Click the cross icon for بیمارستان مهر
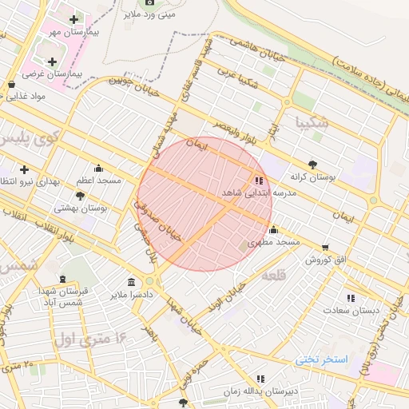click(74, 19)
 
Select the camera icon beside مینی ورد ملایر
click(150, 2)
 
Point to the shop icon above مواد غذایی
click(11, 84)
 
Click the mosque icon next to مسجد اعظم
click(98, 168)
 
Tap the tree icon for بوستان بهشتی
click(81, 195)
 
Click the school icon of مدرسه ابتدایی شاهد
click(258, 181)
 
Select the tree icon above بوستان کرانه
click(312, 163)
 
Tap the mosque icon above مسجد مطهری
click(273, 230)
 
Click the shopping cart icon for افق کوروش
click(324, 248)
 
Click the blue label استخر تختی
click(322, 359)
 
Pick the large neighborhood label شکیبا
click(312, 123)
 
